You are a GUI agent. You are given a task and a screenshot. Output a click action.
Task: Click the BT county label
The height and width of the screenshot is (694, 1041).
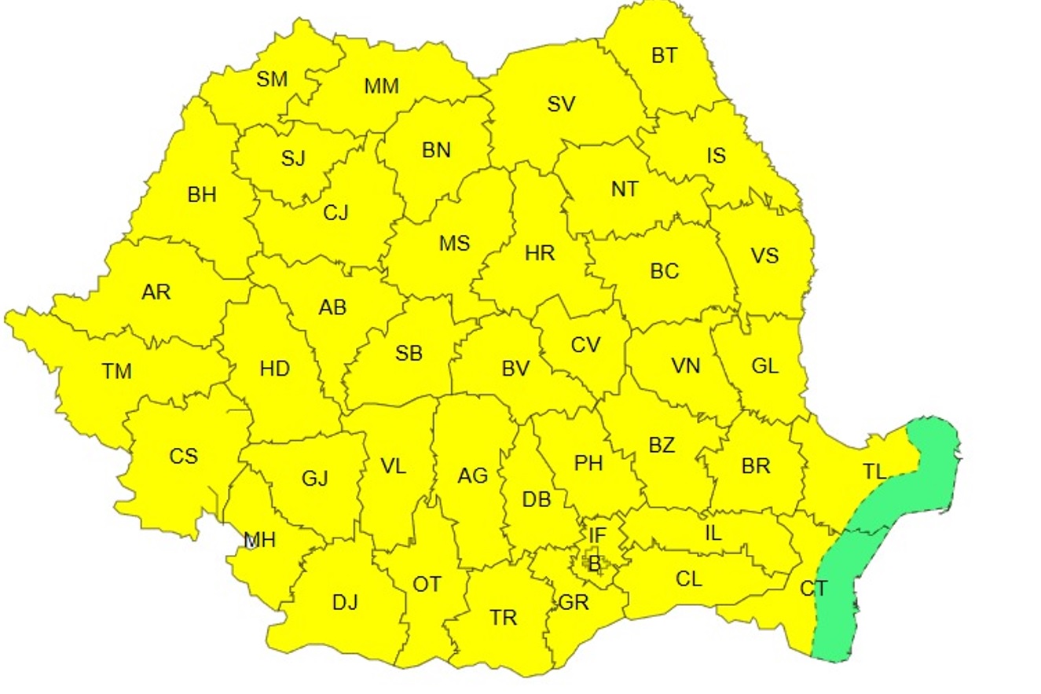click(664, 56)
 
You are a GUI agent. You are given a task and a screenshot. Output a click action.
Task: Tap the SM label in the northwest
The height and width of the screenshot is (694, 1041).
click(273, 79)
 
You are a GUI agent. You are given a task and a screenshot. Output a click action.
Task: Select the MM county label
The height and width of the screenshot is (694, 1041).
click(382, 86)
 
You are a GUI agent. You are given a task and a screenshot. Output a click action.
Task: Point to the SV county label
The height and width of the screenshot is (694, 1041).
click(561, 104)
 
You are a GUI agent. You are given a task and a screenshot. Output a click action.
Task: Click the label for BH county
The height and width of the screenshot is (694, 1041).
click(202, 195)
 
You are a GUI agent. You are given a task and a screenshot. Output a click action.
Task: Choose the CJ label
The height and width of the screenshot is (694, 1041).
click(335, 213)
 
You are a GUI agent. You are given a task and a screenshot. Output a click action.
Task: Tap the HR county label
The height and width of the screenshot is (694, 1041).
click(540, 254)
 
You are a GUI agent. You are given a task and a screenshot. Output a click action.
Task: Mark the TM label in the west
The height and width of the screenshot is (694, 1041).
click(117, 371)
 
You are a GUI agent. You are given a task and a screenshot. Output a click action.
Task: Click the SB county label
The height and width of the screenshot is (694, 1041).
click(409, 354)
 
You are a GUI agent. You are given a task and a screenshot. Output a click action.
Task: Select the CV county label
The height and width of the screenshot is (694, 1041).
click(585, 345)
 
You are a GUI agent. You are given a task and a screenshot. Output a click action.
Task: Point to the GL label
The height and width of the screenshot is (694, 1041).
click(764, 366)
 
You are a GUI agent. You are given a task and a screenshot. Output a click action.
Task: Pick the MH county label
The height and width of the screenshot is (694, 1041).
click(260, 541)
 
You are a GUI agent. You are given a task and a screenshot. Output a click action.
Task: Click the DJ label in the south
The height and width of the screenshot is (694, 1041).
click(345, 603)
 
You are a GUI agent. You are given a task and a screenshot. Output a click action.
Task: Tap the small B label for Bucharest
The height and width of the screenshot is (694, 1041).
click(594, 563)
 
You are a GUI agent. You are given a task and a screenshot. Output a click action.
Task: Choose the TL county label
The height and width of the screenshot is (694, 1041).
click(874, 472)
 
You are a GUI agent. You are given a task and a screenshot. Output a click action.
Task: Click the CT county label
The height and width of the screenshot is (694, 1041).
click(813, 588)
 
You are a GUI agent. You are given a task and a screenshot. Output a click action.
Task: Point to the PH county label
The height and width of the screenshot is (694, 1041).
click(588, 464)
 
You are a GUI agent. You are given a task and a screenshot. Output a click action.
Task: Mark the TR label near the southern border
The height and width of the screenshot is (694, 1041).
click(504, 618)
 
